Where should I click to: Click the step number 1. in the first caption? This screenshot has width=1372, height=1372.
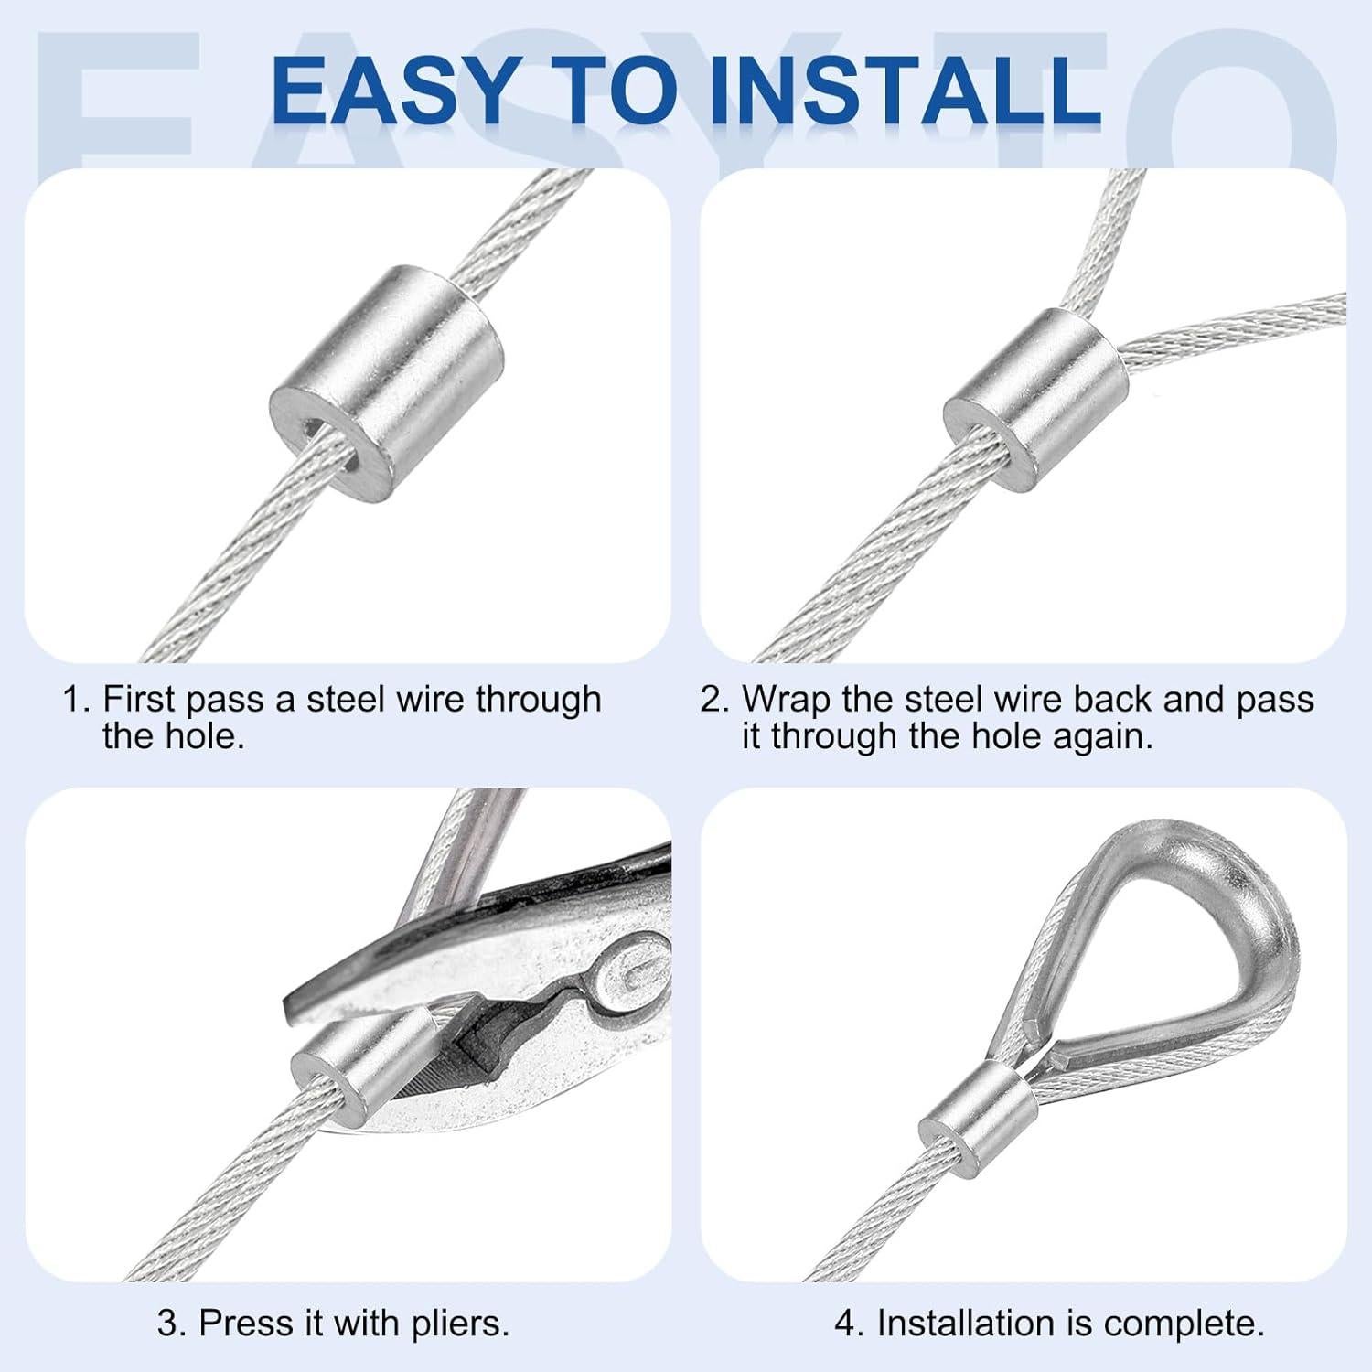click(x=77, y=700)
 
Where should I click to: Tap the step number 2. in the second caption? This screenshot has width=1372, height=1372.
click(x=715, y=700)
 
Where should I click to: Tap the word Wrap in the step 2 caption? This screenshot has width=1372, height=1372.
click(x=786, y=700)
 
